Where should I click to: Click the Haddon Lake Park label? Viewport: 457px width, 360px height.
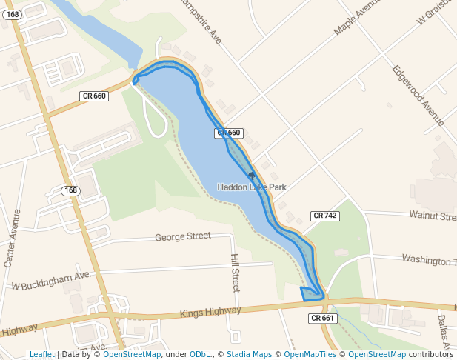coord(252,187)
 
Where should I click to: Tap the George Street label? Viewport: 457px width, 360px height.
coord(183,237)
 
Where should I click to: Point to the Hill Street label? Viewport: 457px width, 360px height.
coord(236,272)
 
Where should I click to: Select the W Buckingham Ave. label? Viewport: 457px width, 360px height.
coord(50,281)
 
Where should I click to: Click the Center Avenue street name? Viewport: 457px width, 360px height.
coord(13,238)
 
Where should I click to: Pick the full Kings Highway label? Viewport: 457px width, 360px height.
coord(210,313)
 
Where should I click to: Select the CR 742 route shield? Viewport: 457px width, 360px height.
coord(324,216)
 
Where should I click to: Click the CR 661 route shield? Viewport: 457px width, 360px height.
coord(322,318)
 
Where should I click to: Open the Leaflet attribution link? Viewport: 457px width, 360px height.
coord(42,354)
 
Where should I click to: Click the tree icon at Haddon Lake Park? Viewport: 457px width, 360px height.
coord(252,176)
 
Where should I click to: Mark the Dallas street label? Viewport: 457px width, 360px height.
coord(444,330)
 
